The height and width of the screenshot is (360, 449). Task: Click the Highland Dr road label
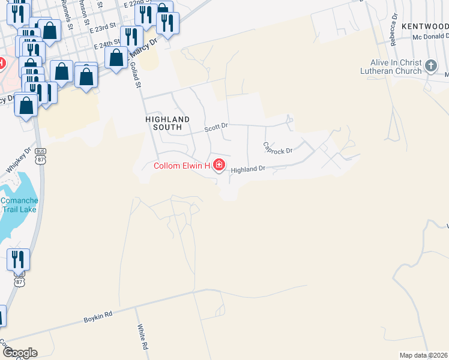pyautogui.click(x=248, y=170)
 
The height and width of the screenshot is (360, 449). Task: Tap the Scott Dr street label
pyautogui.click(x=216, y=127)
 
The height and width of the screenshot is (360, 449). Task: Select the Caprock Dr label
pyautogui.click(x=277, y=147)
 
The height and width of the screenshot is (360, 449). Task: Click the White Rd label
pyautogui.click(x=142, y=337)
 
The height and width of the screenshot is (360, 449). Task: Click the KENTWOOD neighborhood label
pyautogui.click(x=425, y=26)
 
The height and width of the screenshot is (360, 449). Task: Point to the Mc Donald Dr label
pyautogui.click(x=430, y=37)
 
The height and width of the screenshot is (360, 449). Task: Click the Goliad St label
pyautogui.click(x=136, y=76)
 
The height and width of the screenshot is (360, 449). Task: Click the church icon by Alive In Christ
pyautogui.click(x=430, y=66)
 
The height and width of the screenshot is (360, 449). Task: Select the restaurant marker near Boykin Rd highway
pyautogui.click(x=18, y=260)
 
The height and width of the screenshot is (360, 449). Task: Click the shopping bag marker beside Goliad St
pyautogui.click(x=116, y=58)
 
